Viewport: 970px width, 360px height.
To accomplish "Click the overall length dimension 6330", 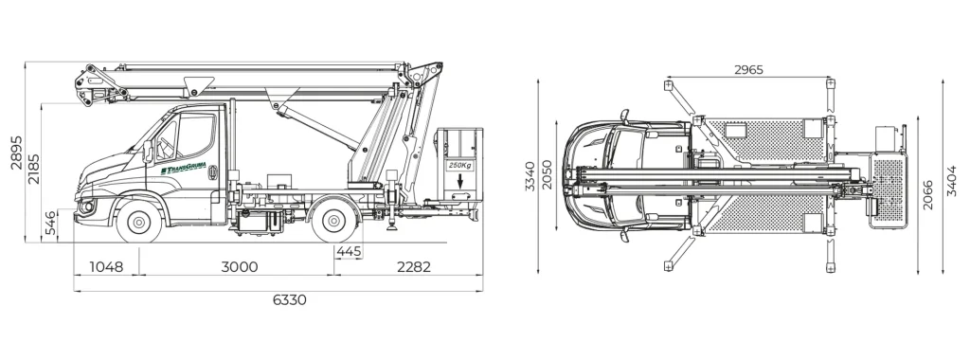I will tap(289, 299).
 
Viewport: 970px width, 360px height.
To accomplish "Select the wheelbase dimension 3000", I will tap(239, 267).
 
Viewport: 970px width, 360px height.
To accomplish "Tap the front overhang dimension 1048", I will tap(106, 267).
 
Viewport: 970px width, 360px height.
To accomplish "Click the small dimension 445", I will tap(349, 251).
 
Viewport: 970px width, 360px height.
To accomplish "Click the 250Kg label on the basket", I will tap(458, 166).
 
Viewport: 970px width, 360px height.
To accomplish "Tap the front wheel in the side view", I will tap(139, 224).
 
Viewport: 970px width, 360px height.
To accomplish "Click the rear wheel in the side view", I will tap(332, 224).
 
